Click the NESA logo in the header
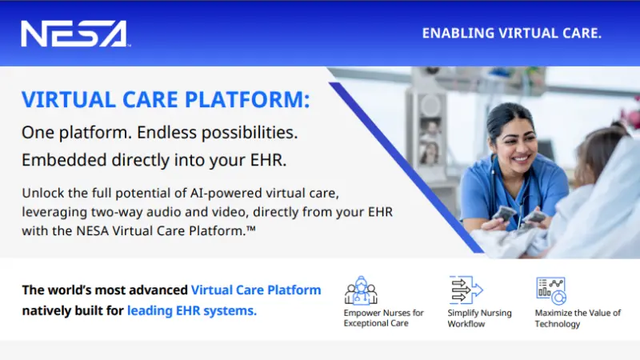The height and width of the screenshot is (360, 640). (74, 34)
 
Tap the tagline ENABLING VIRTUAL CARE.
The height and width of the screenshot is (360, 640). (512, 33)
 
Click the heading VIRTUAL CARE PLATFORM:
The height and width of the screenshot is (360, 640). (166, 99)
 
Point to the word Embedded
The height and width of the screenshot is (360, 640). (64, 159)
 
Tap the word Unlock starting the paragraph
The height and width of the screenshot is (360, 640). (43, 193)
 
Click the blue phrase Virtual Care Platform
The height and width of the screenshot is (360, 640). (256, 290)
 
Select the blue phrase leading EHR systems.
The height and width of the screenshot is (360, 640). (192, 310)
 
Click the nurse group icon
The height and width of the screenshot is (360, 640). (361, 290)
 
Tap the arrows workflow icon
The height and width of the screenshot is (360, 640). (466, 290)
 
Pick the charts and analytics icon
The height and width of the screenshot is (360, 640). (551, 290)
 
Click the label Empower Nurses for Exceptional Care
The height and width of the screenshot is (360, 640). (384, 318)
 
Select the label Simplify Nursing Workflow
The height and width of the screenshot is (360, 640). (479, 318)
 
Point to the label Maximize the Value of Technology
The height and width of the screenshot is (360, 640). (578, 318)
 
